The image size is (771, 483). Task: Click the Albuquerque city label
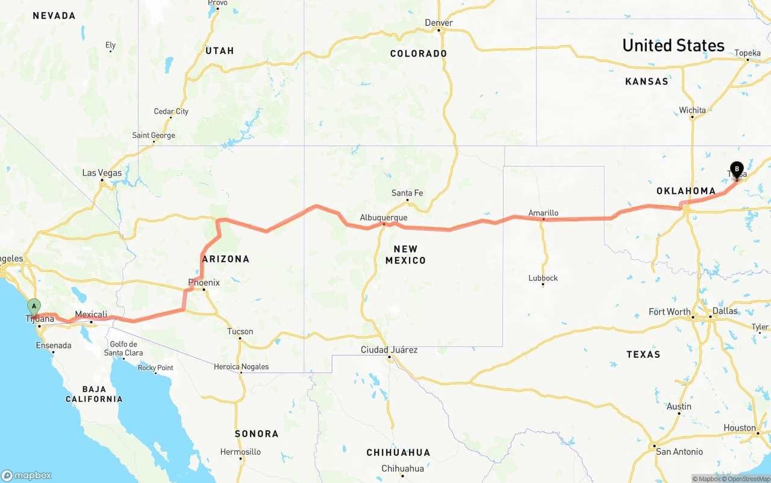click(384, 218)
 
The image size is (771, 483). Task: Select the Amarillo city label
click(543, 213)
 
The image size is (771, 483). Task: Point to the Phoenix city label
click(204, 283)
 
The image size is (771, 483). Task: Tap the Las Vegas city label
click(102, 173)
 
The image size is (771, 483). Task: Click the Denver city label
click(439, 23)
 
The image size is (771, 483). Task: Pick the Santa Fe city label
click(407, 193)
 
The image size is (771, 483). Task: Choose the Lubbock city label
click(543, 278)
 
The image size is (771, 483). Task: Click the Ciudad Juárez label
click(389, 349)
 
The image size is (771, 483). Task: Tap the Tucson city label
click(240, 331)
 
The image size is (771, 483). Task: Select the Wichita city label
click(692, 110)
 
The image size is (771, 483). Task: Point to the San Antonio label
click(679, 452)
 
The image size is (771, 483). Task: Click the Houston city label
click(739, 428)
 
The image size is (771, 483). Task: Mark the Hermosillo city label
click(240, 452)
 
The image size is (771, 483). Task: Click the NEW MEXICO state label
click(405, 254)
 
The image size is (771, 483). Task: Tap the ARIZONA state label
click(226, 259)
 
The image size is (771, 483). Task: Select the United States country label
click(673, 46)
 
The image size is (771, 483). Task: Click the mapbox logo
click(27, 475)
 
